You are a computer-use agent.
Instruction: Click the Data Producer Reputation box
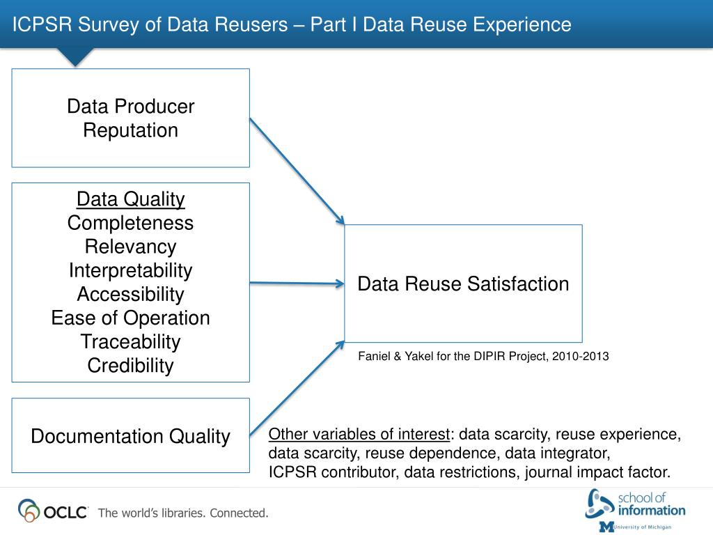tap(130, 118)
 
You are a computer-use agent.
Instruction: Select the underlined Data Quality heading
tap(130, 199)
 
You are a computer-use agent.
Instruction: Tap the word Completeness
tap(130, 223)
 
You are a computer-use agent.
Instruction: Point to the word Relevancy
tap(130, 247)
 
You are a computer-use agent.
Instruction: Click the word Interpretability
tap(130, 270)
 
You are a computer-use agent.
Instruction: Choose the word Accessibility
tap(130, 294)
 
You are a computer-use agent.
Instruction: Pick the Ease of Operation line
tap(130, 318)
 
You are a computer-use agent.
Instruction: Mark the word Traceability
tap(130, 341)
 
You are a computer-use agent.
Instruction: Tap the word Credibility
tap(130, 365)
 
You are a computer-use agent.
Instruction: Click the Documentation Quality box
tap(130, 436)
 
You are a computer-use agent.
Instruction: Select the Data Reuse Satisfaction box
tap(463, 284)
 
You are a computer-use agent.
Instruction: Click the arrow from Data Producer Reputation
tap(297, 171)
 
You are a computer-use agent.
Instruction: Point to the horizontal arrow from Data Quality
tap(297, 283)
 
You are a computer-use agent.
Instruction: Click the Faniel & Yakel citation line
tap(483, 356)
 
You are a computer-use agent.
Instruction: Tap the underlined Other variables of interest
tap(359, 435)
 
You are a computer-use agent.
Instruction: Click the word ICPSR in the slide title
tap(42, 24)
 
